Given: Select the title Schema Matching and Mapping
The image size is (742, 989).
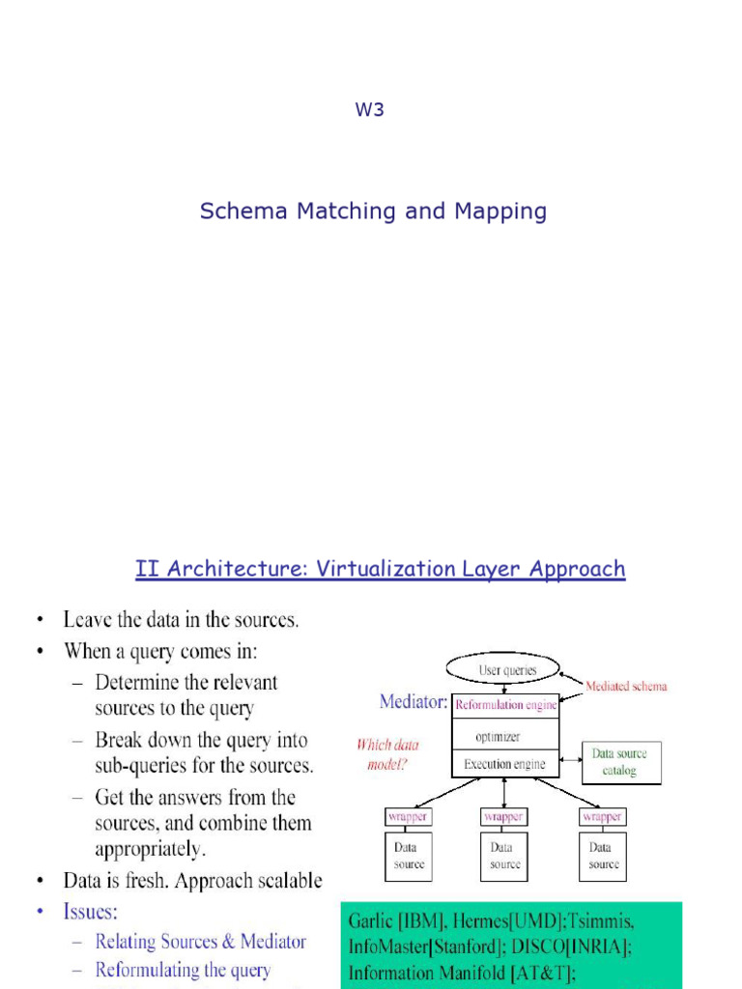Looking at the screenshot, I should (373, 212).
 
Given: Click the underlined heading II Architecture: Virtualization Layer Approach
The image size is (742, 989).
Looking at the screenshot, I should (380, 570).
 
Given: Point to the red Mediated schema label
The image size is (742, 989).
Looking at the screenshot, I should (626, 687).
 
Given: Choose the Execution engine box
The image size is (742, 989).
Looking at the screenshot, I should (504, 764).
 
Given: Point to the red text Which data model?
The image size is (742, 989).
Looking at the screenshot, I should (386, 754).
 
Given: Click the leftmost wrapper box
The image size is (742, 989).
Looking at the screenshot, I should (408, 816).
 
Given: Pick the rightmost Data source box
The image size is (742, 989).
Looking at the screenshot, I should (603, 856).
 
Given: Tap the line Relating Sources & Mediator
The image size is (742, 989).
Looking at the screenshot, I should (200, 941).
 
